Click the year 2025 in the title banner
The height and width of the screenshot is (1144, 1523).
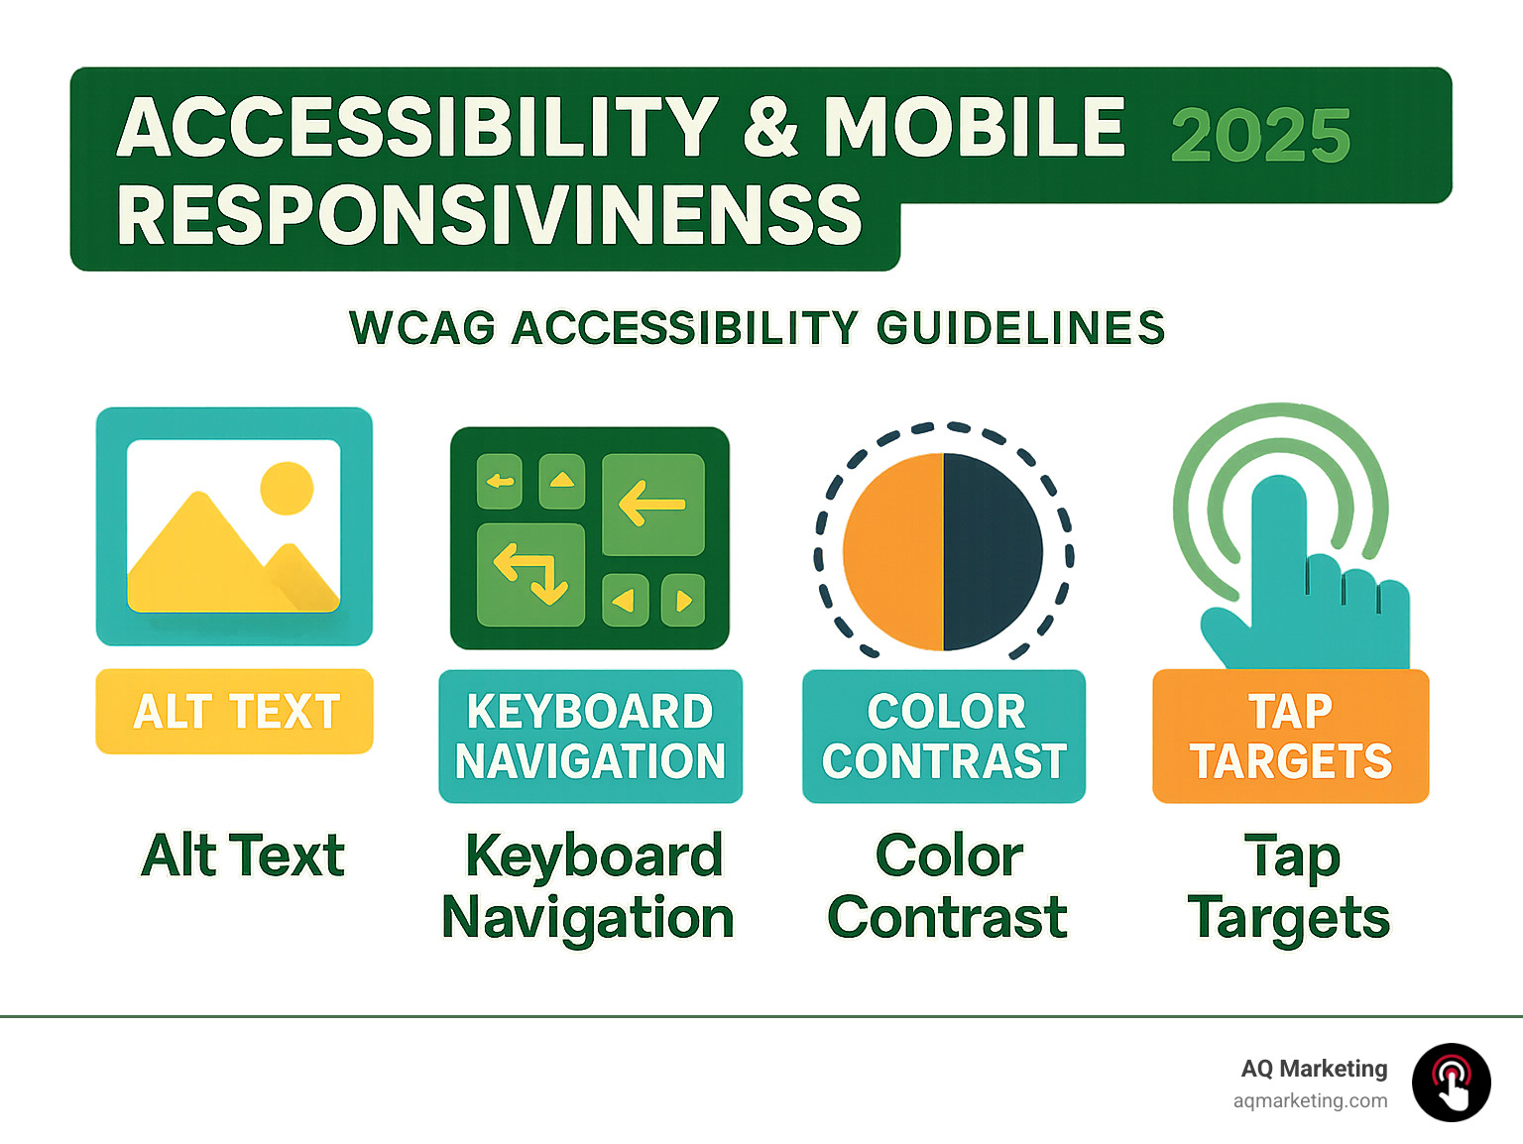point(1260,136)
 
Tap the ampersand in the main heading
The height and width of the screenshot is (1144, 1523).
point(769,128)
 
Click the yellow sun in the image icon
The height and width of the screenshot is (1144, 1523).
point(287,488)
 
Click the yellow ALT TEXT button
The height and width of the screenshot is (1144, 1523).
point(234,712)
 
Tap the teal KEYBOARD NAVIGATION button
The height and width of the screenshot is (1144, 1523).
point(590,737)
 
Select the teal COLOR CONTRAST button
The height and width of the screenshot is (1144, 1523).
point(944,737)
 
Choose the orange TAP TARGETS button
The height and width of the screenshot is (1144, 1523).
point(1290,737)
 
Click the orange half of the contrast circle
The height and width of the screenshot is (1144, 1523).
point(892,552)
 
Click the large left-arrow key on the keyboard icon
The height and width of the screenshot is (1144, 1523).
point(652,505)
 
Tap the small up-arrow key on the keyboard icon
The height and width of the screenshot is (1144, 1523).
point(561,482)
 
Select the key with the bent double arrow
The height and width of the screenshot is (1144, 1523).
point(530,575)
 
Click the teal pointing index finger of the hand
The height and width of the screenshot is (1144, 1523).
point(1278,535)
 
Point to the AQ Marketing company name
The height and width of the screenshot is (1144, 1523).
point(1314,1069)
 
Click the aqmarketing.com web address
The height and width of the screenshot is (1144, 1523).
point(1310,1100)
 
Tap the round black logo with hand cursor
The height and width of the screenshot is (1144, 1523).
point(1451,1083)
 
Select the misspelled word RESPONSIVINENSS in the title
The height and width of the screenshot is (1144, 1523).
point(490,216)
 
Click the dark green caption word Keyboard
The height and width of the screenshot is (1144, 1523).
point(594,856)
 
